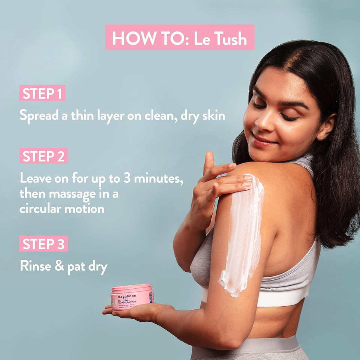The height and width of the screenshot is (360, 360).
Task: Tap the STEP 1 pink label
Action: point(42,93)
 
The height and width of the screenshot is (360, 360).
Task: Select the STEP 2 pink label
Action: point(43,156)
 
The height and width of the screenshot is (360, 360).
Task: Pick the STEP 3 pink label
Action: point(43,244)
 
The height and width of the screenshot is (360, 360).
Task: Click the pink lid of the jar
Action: point(131,288)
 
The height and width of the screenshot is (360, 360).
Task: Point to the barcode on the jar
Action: point(151,298)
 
